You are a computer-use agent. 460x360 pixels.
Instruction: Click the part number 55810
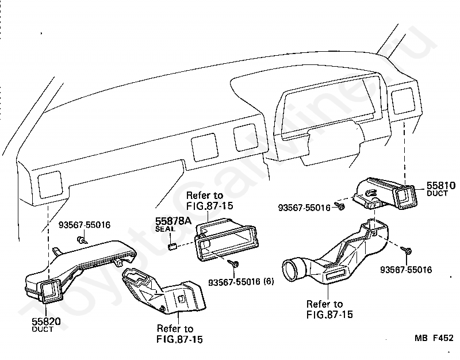(441, 186)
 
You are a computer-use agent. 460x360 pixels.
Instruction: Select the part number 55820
(46, 321)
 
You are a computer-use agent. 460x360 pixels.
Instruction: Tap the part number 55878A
(173, 221)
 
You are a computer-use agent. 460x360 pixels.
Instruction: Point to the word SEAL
(165, 229)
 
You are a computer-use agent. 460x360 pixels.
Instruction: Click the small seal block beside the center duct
(172, 247)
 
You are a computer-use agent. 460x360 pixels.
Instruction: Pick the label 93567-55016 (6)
(241, 282)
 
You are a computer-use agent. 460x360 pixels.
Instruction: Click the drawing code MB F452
(434, 338)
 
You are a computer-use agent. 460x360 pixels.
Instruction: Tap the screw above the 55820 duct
(82, 240)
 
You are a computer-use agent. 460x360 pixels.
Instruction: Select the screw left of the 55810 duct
(340, 206)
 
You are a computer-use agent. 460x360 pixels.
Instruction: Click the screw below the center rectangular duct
(234, 264)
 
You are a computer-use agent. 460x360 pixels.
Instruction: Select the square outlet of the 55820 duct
(52, 291)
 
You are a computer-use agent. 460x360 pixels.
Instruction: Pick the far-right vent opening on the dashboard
(404, 101)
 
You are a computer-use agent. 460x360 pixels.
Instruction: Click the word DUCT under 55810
(437, 193)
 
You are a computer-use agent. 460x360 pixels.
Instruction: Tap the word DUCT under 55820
(43, 329)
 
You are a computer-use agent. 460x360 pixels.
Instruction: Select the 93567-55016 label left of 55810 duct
(304, 208)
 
